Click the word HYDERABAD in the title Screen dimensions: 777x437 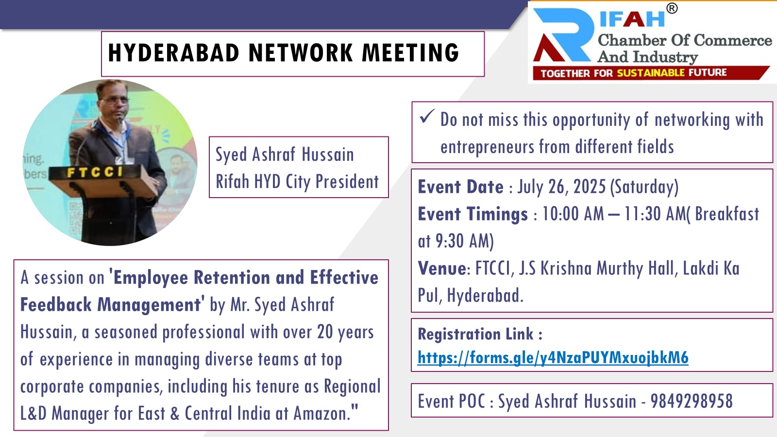(x=174, y=53)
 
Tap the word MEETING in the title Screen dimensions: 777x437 (x=411, y=53)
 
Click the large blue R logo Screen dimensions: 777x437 (x=564, y=34)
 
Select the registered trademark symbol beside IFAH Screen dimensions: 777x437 (x=672, y=8)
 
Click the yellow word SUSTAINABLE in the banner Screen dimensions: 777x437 (x=651, y=73)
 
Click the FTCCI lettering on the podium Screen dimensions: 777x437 (x=95, y=172)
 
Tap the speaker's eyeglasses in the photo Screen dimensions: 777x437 (x=116, y=100)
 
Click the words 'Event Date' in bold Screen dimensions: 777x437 (x=461, y=186)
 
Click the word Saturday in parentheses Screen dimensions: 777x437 (x=644, y=187)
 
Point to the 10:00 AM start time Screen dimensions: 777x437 (x=573, y=214)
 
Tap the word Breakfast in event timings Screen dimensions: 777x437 (x=727, y=214)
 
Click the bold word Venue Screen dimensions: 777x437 (x=442, y=268)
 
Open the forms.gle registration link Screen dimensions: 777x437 (x=553, y=357)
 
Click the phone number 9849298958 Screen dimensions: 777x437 (x=692, y=401)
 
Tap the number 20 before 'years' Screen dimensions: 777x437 (x=325, y=332)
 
